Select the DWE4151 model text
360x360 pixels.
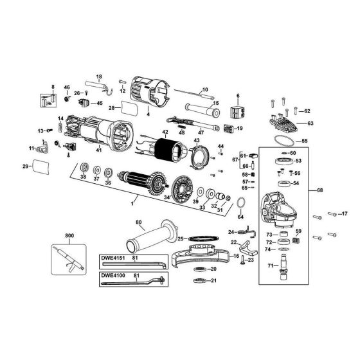coord(113,258)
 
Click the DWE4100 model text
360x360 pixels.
coord(113,276)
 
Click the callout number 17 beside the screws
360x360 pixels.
coord(344,213)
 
